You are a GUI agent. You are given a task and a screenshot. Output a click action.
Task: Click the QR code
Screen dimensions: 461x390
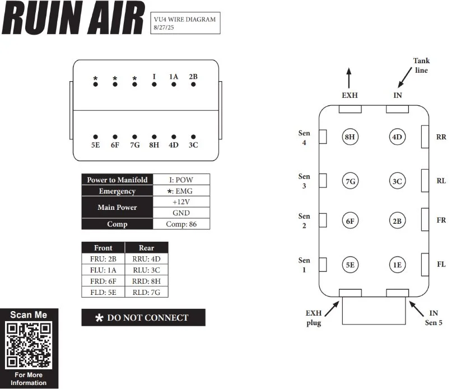pos(29,346)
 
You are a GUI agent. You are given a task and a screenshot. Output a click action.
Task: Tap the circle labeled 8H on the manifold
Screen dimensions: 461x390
pos(350,137)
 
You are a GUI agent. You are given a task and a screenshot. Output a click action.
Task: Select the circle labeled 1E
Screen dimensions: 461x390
pos(397,265)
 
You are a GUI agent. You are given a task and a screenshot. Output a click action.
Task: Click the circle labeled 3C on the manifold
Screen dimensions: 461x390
pos(397,181)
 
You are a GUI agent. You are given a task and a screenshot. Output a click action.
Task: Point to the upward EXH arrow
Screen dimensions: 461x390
pos(349,77)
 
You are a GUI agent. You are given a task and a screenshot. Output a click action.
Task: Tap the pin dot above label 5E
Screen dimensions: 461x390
pos(95,136)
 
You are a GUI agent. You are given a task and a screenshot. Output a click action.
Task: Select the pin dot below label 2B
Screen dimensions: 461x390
pos(193,84)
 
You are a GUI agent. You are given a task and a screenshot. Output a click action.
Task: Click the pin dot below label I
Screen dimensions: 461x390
pos(154,84)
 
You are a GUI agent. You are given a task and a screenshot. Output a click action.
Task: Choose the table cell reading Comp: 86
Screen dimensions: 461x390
pos(181,224)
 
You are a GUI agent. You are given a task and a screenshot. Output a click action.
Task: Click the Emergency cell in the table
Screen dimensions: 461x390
pos(117,191)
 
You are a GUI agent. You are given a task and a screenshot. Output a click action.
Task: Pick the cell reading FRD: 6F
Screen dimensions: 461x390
pos(103,281)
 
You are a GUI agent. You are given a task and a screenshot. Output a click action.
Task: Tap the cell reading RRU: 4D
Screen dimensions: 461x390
pos(146,259)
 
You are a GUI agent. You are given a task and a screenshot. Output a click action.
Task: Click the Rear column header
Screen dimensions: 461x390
pos(146,247)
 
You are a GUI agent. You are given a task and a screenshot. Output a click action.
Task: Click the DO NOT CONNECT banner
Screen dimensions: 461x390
pos(143,317)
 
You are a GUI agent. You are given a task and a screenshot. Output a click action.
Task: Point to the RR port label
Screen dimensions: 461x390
pos(441,137)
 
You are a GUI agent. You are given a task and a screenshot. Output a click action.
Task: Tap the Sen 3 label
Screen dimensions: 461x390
pos(304,181)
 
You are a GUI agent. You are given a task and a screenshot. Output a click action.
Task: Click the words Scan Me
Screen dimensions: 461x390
pos(29,315)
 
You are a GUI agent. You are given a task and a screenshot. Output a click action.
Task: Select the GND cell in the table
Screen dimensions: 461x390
pos(181,213)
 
